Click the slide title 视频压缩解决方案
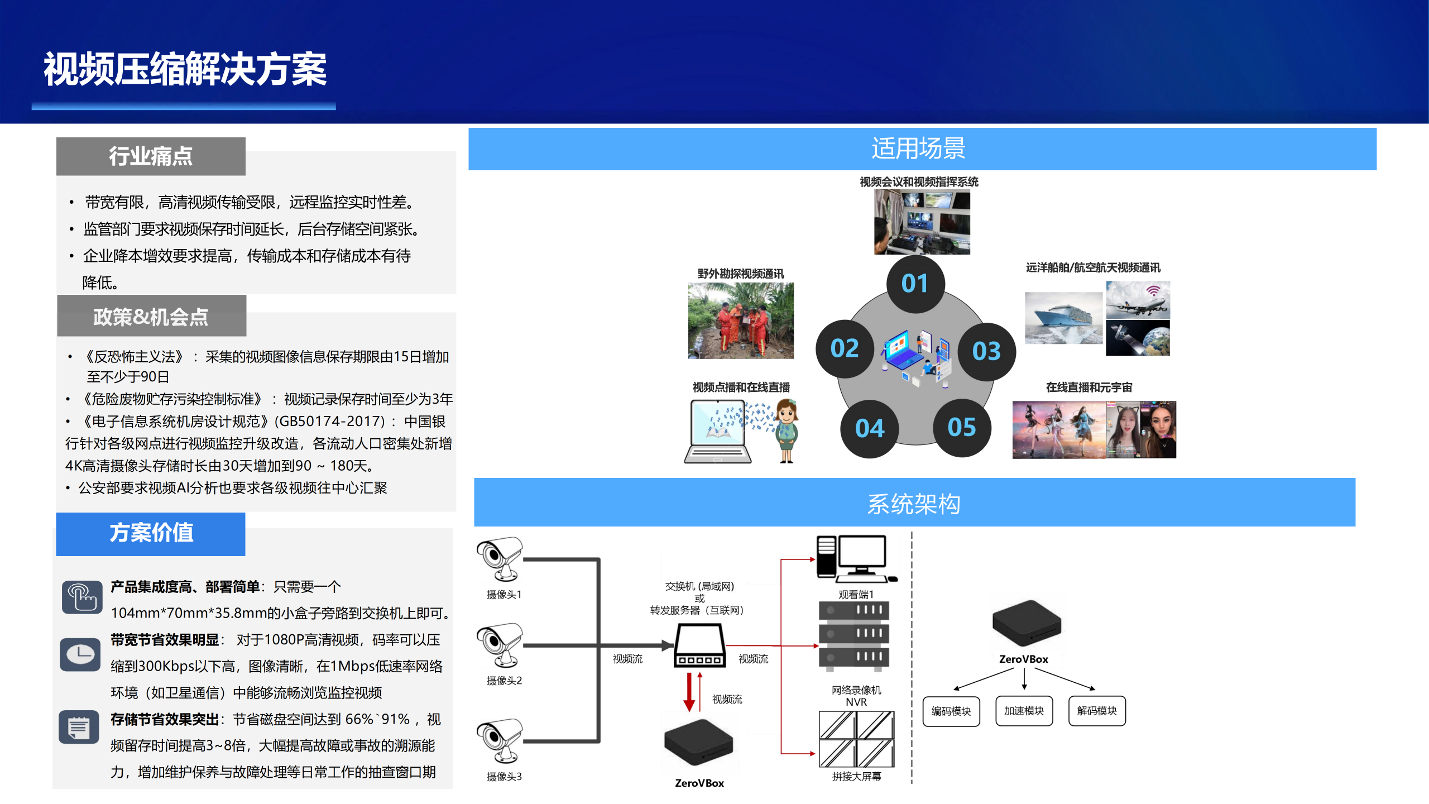(x=185, y=69)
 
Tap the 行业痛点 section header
(x=151, y=156)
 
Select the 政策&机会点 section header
(x=151, y=317)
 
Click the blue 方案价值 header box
(x=151, y=533)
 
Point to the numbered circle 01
(x=915, y=284)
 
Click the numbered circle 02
(x=844, y=349)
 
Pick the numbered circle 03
(x=986, y=351)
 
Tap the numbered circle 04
(x=869, y=429)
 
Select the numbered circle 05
(x=961, y=428)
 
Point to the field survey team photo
(x=741, y=320)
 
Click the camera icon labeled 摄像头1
(x=500, y=559)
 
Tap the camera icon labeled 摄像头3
(x=500, y=740)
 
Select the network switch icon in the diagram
(x=700, y=645)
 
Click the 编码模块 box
(x=951, y=711)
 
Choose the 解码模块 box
(x=1097, y=711)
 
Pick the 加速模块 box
(x=1024, y=711)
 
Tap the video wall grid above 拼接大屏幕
(x=856, y=739)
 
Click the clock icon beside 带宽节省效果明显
(x=80, y=654)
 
